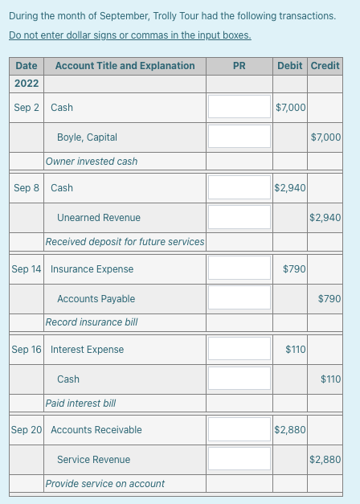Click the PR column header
(239, 65)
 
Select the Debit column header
(289, 65)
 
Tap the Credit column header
(325, 65)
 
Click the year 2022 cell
(27, 84)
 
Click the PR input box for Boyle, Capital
(239, 137)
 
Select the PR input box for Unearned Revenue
(239, 217)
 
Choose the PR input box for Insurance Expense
(239, 268)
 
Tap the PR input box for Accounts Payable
(239, 298)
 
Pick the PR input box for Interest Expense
(239, 349)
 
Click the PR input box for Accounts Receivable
(239, 429)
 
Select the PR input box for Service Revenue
(239, 459)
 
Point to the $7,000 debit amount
(290, 107)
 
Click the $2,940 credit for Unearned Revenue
(325, 218)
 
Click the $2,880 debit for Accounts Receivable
(290, 430)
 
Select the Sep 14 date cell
(27, 268)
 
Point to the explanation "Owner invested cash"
(92, 162)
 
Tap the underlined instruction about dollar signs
(130, 35)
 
